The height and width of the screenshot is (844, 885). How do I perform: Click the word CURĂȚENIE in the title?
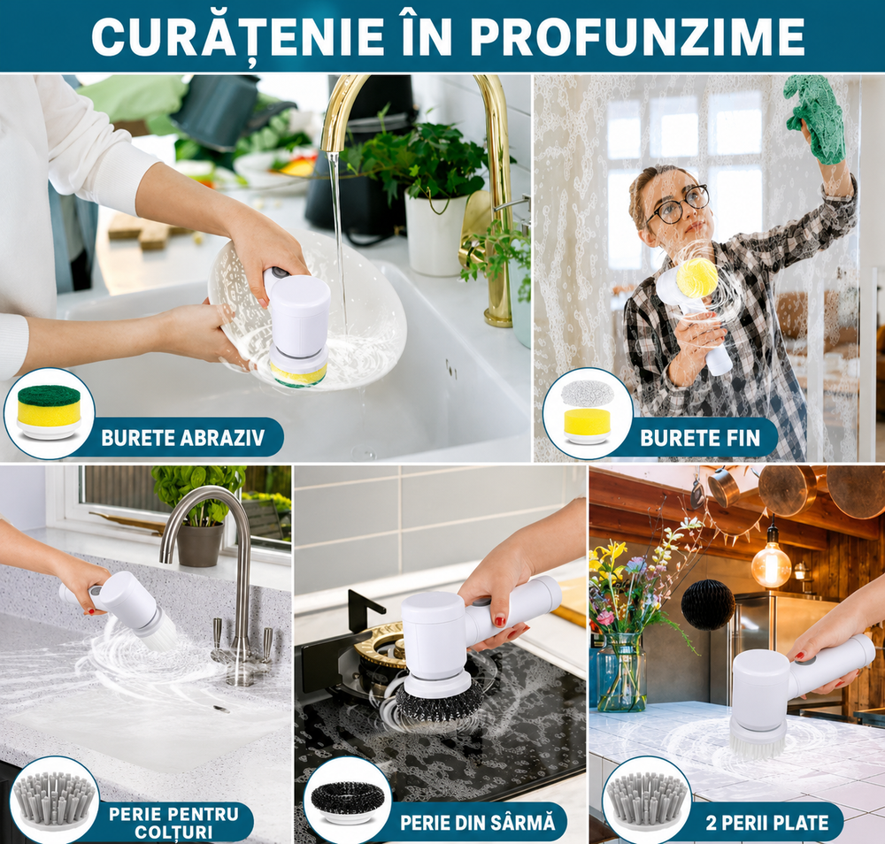(x=238, y=35)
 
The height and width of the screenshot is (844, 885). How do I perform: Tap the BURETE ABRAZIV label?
(x=183, y=438)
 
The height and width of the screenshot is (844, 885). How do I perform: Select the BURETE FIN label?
(x=700, y=438)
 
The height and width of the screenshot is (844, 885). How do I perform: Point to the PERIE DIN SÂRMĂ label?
(x=478, y=823)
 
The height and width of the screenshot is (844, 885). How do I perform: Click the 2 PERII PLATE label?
(x=767, y=823)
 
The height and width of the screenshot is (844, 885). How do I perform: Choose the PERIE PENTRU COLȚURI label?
(x=173, y=823)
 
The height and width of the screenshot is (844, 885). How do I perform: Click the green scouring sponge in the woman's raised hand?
(x=816, y=118)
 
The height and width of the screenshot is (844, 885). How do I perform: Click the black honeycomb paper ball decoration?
(x=708, y=604)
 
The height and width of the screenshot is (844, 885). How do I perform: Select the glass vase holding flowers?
(x=621, y=672)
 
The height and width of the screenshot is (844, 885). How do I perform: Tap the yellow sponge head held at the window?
(x=696, y=278)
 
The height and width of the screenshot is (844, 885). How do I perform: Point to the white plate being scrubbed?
(x=308, y=312)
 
